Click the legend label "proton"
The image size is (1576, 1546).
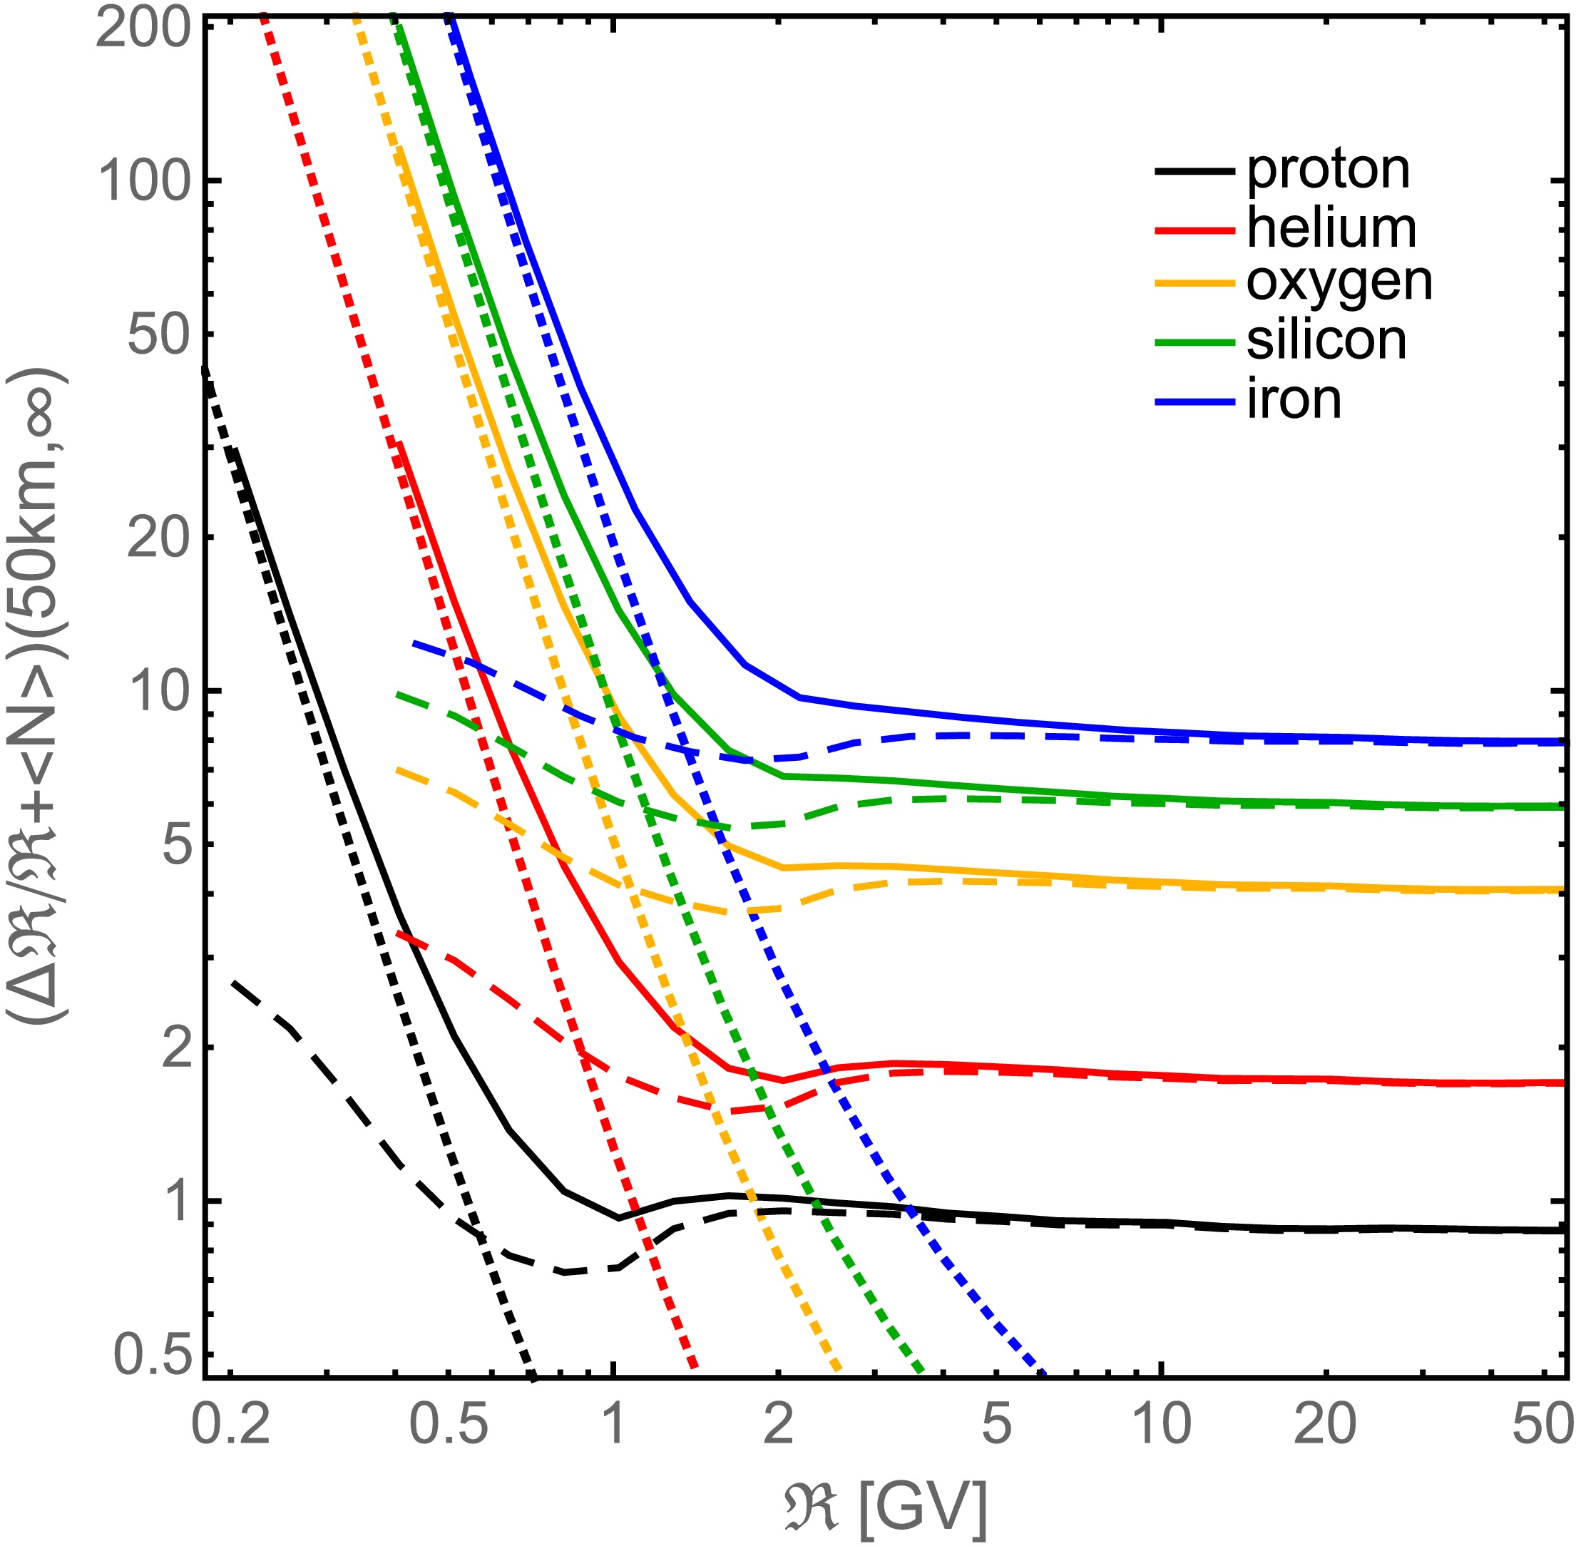click(x=1328, y=170)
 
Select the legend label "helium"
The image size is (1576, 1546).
click(x=1331, y=229)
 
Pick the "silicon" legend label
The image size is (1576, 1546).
click(x=1326, y=341)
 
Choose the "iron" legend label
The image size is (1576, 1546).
click(x=1294, y=400)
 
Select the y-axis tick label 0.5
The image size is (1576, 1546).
click(x=154, y=1353)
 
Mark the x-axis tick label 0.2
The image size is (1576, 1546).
click(x=230, y=1423)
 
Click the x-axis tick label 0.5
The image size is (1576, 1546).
click(x=449, y=1423)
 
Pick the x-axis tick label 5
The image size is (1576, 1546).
click(x=997, y=1423)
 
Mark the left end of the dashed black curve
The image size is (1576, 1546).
click(x=233, y=983)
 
